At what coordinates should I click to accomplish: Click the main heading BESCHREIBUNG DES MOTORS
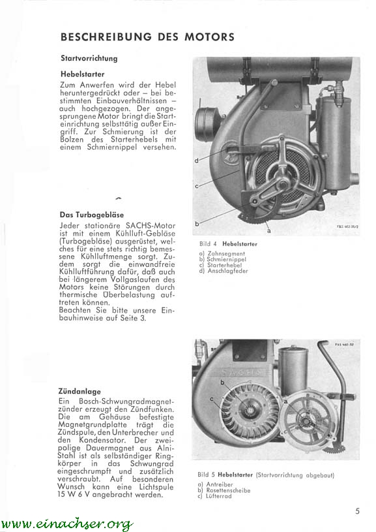click(147, 37)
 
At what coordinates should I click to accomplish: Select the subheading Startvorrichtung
click(89, 58)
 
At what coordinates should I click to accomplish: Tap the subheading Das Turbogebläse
click(91, 215)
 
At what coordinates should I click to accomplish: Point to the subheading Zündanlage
click(80, 392)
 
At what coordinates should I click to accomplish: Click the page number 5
click(357, 510)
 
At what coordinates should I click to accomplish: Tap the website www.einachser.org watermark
click(66, 524)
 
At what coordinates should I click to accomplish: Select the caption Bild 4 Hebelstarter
click(228, 244)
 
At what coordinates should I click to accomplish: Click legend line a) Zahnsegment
click(222, 253)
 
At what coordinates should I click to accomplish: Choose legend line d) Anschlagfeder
click(224, 271)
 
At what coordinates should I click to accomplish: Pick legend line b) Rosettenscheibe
click(224, 490)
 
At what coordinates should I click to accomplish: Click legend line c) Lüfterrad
click(214, 496)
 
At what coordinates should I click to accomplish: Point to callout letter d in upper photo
click(196, 161)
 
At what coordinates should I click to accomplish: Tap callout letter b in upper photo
click(197, 224)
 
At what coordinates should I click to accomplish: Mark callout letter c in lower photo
click(212, 399)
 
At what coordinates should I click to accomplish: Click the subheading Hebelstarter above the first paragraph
click(82, 74)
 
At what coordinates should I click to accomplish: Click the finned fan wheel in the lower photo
click(248, 409)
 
